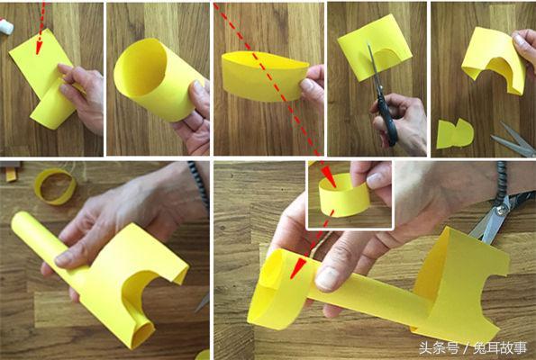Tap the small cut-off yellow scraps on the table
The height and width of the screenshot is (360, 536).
pyautogui.click(x=454, y=133)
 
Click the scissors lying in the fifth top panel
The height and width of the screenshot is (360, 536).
pyautogui.click(x=513, y=139)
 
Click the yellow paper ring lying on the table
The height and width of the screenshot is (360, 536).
pyautogui.click(x=55, y=185)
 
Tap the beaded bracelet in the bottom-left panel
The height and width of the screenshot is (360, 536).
pyautogui.click(x=199, y=180)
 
